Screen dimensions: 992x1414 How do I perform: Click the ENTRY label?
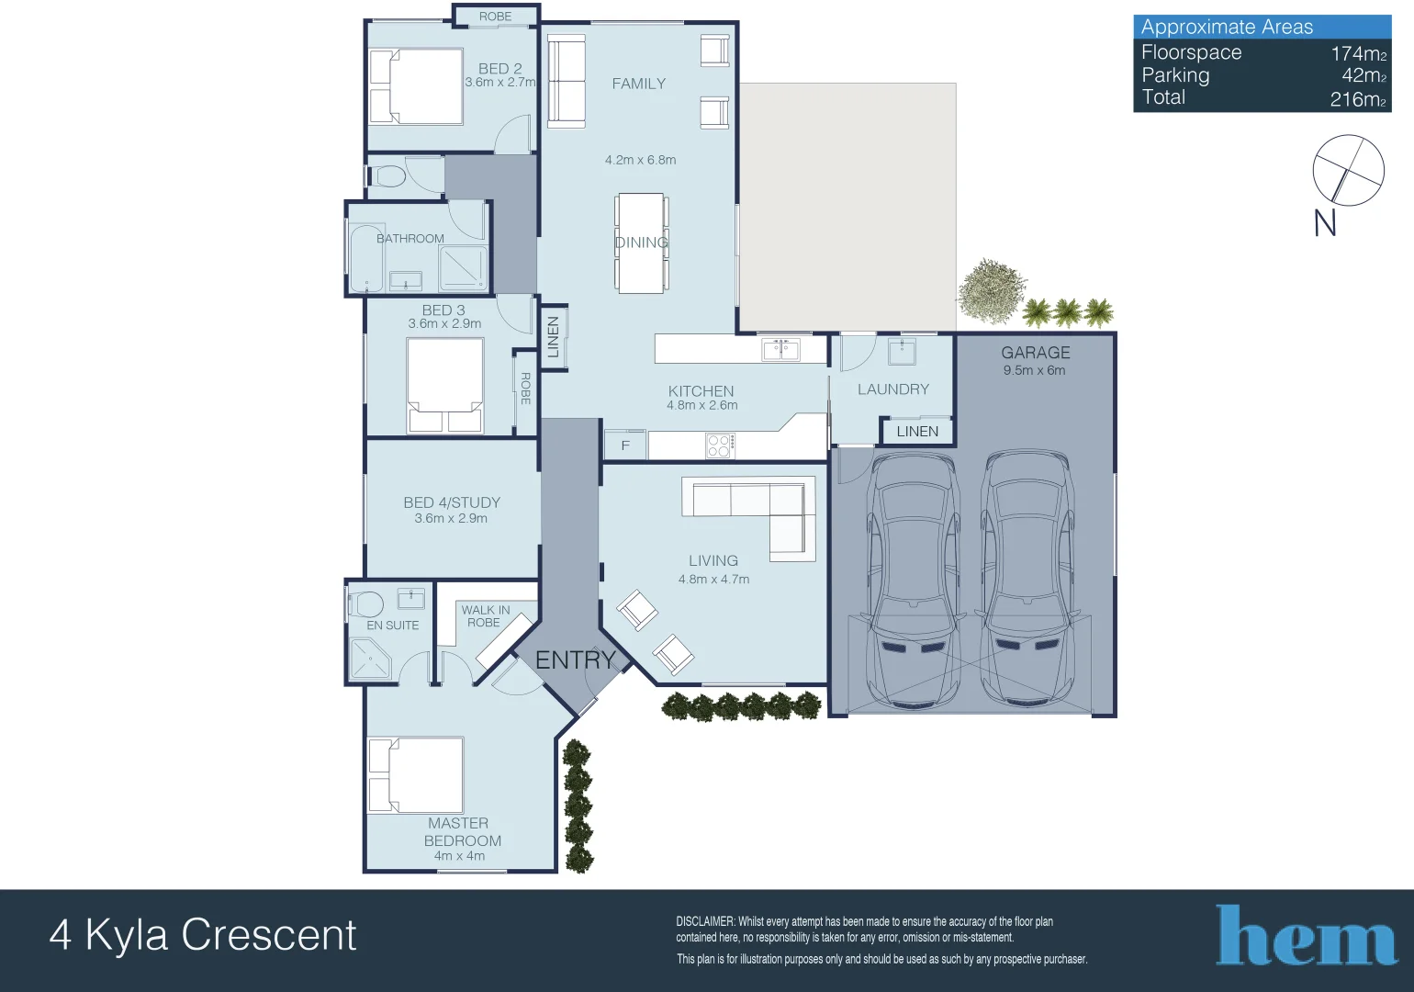tap(575, 659)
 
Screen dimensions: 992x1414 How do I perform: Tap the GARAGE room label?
tap(1035, 353)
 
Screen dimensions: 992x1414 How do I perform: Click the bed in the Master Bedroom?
tap(416, 775)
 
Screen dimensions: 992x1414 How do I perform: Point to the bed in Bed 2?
tap(416, 86)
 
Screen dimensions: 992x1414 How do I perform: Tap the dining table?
tap(640, 242)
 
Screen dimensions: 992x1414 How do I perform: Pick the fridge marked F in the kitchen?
tap(625, 445)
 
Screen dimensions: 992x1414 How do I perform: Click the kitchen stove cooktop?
tap(719, 446)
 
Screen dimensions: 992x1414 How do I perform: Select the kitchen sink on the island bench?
tap(780, 349)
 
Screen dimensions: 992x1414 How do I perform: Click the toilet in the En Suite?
tap(365, 604)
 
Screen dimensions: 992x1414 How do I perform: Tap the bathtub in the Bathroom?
tap(366, 258)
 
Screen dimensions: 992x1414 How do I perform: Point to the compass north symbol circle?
tap(1347, 170)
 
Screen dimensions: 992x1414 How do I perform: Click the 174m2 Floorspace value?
tap(1357, 53)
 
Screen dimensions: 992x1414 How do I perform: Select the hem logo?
tap(1306, 937)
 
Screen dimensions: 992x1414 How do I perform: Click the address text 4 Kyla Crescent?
tap(203, 935)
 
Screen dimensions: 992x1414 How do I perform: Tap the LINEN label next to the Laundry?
tap(916, 432)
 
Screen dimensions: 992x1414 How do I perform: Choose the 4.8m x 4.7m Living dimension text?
tap(713, 580)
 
